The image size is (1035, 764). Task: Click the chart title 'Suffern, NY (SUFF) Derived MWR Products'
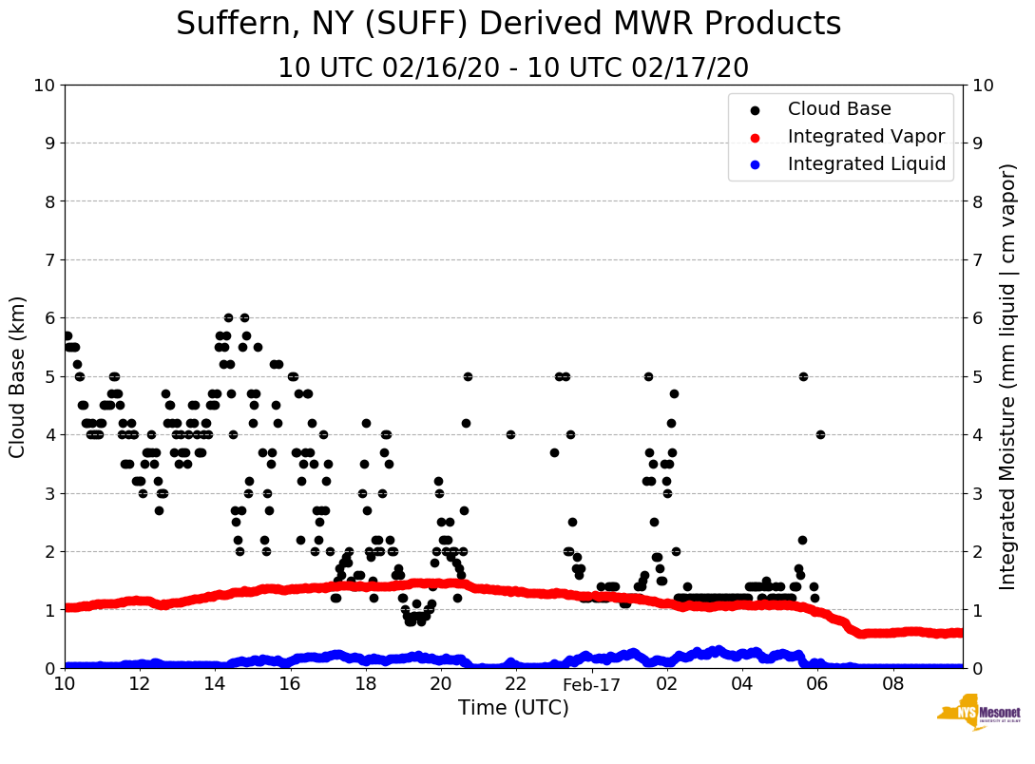coord(508,24)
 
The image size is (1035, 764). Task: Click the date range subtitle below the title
coord(513,68)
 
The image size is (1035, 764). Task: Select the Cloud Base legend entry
coord(839,109)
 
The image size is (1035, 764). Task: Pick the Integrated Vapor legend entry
coord(866,137)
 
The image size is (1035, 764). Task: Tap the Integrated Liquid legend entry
coord(866,164)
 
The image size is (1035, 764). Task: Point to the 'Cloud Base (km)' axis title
coord(18,376)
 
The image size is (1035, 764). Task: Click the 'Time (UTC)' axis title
coord(513,708)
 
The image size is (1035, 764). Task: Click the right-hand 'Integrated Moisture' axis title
coord(1008,376)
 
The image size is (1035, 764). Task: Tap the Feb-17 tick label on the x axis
coord(591,684)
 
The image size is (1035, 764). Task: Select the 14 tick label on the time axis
coord(215,684)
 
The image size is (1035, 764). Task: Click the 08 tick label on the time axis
coord(892,684)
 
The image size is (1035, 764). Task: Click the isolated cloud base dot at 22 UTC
coord(510,434)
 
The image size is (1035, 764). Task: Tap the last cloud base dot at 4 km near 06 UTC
coord(820,434)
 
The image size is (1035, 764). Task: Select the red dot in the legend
coord(756,137)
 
